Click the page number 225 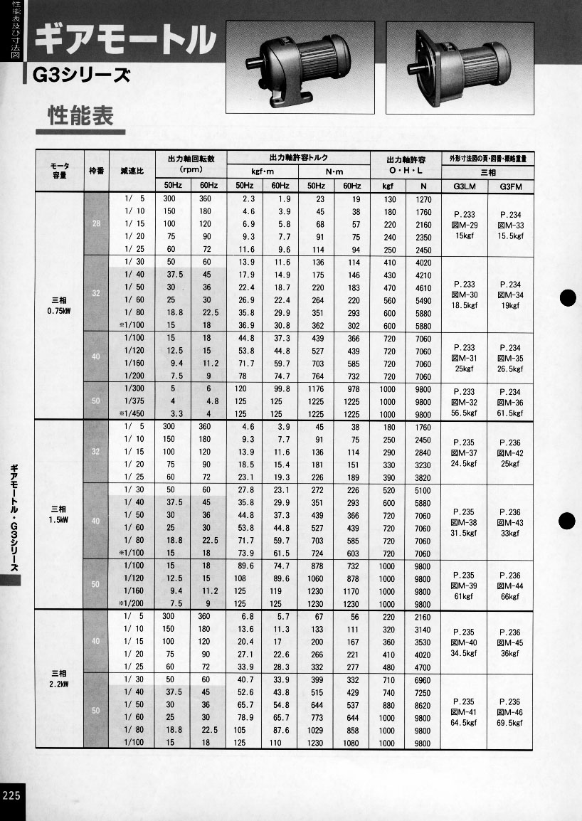click(x=13, y=795)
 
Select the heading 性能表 click(x=80, y=116)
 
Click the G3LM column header click(x=463, y=186)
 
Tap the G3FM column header click(x=510, y=186)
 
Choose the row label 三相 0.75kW click(x=60, y=304)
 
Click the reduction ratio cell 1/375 click(x=134, y=401)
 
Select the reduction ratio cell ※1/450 click(x=132, y=414)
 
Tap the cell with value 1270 click(x=423, y=199)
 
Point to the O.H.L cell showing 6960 click(x=423, y=680)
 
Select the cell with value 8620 click(x=423, y=706)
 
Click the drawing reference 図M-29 click(x=464, y=225)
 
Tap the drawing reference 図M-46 click(x=510, y=711)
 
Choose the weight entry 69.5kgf click(x=510, y=723)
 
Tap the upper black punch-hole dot click(x=567, y=298)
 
